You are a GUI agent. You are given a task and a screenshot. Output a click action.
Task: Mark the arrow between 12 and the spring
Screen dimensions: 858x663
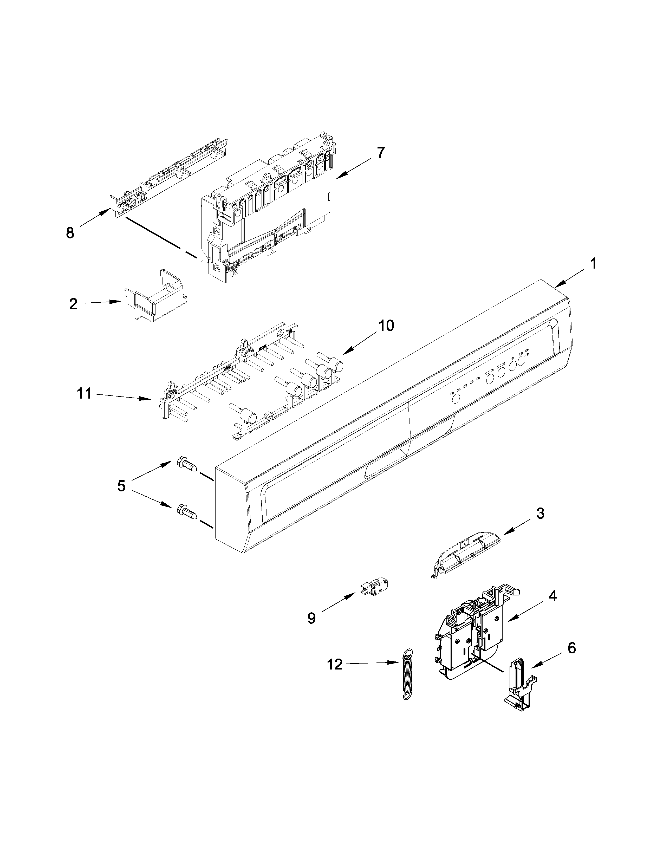[373, 663]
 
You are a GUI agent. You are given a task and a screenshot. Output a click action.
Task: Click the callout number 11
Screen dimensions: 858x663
[84, 393]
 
